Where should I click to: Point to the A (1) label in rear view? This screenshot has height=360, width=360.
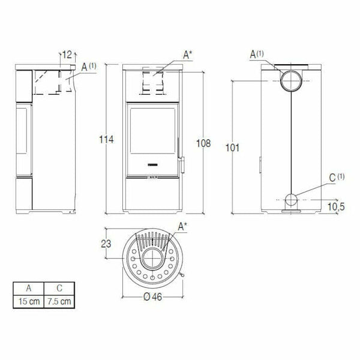(x=257, y=55)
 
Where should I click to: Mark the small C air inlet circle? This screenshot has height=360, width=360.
(x=293, y=200)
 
